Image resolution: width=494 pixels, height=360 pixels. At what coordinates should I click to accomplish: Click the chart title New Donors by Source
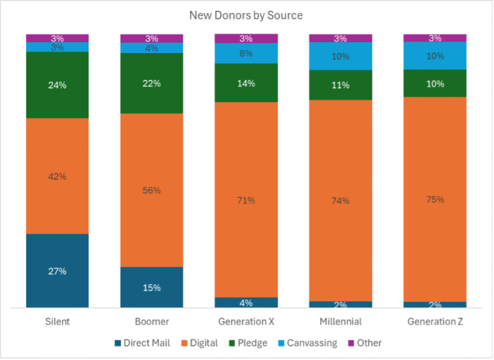(x=246, y=15)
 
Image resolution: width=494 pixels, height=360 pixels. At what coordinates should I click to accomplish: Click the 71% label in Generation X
(x=246, y=201)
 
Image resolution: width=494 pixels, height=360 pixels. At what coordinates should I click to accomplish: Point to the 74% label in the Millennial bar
(x=340, y=201)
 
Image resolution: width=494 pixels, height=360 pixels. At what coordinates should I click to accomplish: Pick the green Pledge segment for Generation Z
(x=434, y=83)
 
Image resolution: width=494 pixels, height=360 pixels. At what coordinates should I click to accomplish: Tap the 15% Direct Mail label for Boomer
(x=152, y=288)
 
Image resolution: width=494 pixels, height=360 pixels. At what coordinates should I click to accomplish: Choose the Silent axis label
(x=58, y=322)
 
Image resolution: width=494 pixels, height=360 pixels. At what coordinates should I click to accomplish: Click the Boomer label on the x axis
(x=152, y=322)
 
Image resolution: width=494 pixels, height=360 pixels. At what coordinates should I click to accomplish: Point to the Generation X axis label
(x=246, y=322)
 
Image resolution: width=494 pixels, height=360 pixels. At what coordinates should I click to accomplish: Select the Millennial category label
(x=340, y=322)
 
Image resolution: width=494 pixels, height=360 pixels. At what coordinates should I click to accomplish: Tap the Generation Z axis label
(x=434, y=322)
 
